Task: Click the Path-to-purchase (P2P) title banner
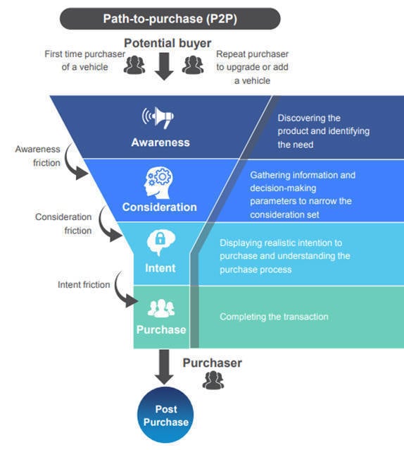tap(170, 18)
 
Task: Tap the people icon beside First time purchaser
tap(134, 66)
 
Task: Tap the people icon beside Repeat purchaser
tap(193, 66)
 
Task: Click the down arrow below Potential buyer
tap(163, 67)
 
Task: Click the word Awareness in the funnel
tap(160, 142)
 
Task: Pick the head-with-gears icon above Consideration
tap(160, 182)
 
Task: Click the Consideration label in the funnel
tap(160, 207)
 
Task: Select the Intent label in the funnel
tap(160, 268)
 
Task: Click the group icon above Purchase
tap(161, 308)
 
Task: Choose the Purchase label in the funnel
tap(162, 329)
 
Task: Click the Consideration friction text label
tap(63, 224)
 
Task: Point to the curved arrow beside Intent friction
tap(124, 294)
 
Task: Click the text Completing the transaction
tap(274, 317)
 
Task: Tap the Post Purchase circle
tap(166, 415)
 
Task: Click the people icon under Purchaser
tap(212, 381)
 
